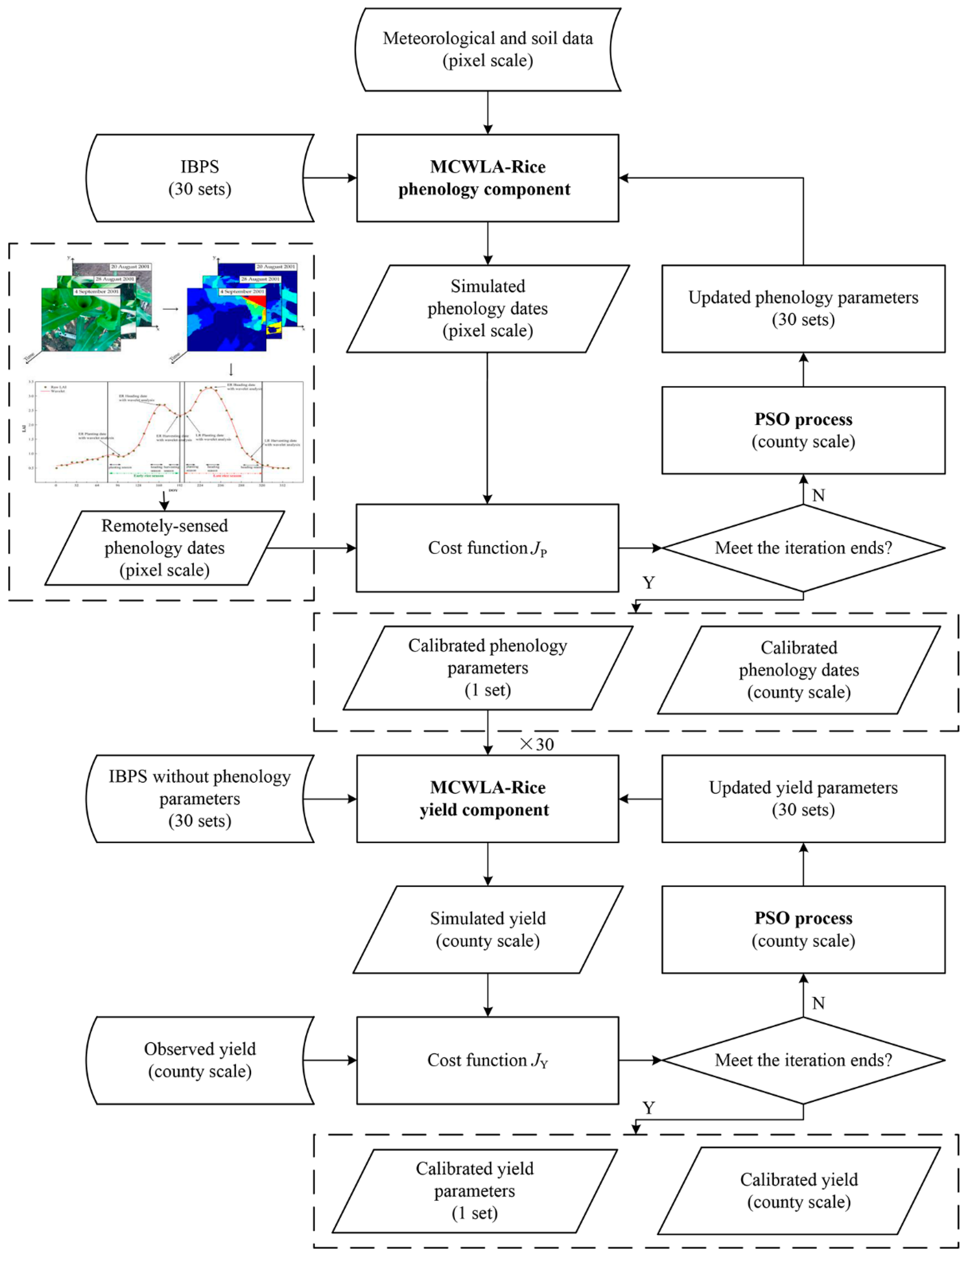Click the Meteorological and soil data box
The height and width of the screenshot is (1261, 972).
coord(488,50)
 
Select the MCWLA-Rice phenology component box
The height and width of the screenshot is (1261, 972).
coord(488,178)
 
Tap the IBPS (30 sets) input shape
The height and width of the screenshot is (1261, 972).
coord(200,178)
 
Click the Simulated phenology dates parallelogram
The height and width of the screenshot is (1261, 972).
coord(488,308)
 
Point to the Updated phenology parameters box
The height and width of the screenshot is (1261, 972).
coord(803,308)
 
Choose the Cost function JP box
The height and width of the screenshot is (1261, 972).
coord(488,548)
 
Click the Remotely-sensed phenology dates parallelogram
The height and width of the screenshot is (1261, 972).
coord(164,548)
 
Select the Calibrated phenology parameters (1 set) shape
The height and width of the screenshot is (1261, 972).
coord(488,668)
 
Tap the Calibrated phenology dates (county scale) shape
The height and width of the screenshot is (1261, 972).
coord(799,670)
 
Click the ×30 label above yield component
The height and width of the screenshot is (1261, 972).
coord(537,744)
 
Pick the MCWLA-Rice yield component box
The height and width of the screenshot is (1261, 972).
coord(488,799)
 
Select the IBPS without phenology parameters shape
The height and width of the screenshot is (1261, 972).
coord(200,799)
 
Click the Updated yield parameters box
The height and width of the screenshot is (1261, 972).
coord(803,799)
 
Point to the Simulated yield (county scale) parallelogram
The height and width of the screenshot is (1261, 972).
coord(488,930)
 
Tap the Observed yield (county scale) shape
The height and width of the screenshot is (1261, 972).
coord(200,1060)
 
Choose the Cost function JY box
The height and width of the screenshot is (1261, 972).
coord(488,1060)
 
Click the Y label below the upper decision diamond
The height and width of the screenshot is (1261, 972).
coord(649,583)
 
